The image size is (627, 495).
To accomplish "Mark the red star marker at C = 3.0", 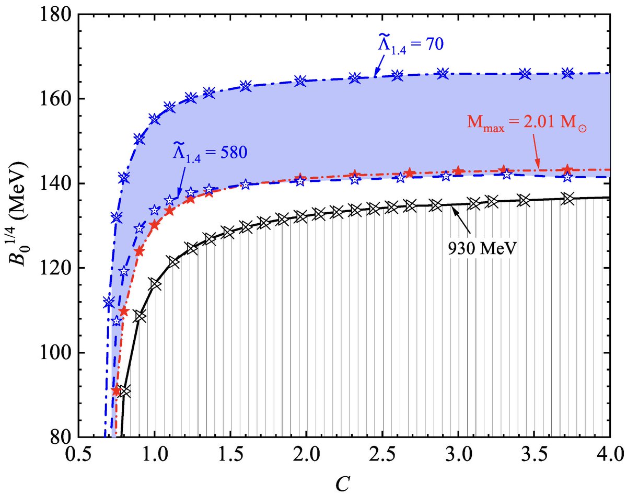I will point(458,171).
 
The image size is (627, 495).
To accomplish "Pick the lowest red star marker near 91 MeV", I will point(117,390).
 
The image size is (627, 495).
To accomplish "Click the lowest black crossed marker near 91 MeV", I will point(125,392).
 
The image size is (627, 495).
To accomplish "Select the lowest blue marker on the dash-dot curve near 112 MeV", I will point(109,302).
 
